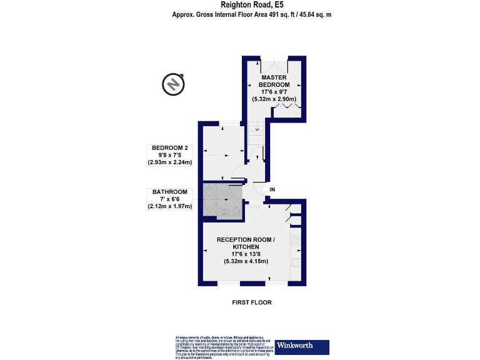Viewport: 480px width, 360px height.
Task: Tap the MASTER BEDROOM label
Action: tap(274, 81)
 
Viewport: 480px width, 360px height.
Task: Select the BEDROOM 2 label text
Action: tap(169, 148)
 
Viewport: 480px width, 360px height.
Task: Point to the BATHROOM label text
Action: tap(169, 192)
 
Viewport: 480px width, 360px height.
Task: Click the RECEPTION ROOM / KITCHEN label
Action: tap(246, 243)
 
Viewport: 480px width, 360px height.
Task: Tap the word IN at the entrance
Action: tap(272, 189)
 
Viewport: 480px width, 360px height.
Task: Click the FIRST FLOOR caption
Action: tap(251, 302)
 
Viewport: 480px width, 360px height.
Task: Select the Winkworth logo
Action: tap(303, 346)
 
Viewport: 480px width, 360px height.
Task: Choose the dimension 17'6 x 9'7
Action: tap(274, 92)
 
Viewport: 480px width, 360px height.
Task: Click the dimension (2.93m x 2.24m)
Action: tap(169, 162)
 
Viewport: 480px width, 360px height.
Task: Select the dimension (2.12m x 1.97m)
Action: tap(169, 206)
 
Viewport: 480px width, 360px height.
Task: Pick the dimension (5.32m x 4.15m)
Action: tap(246, 261)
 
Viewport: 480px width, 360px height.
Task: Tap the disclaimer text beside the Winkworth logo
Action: tap(223, 346)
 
